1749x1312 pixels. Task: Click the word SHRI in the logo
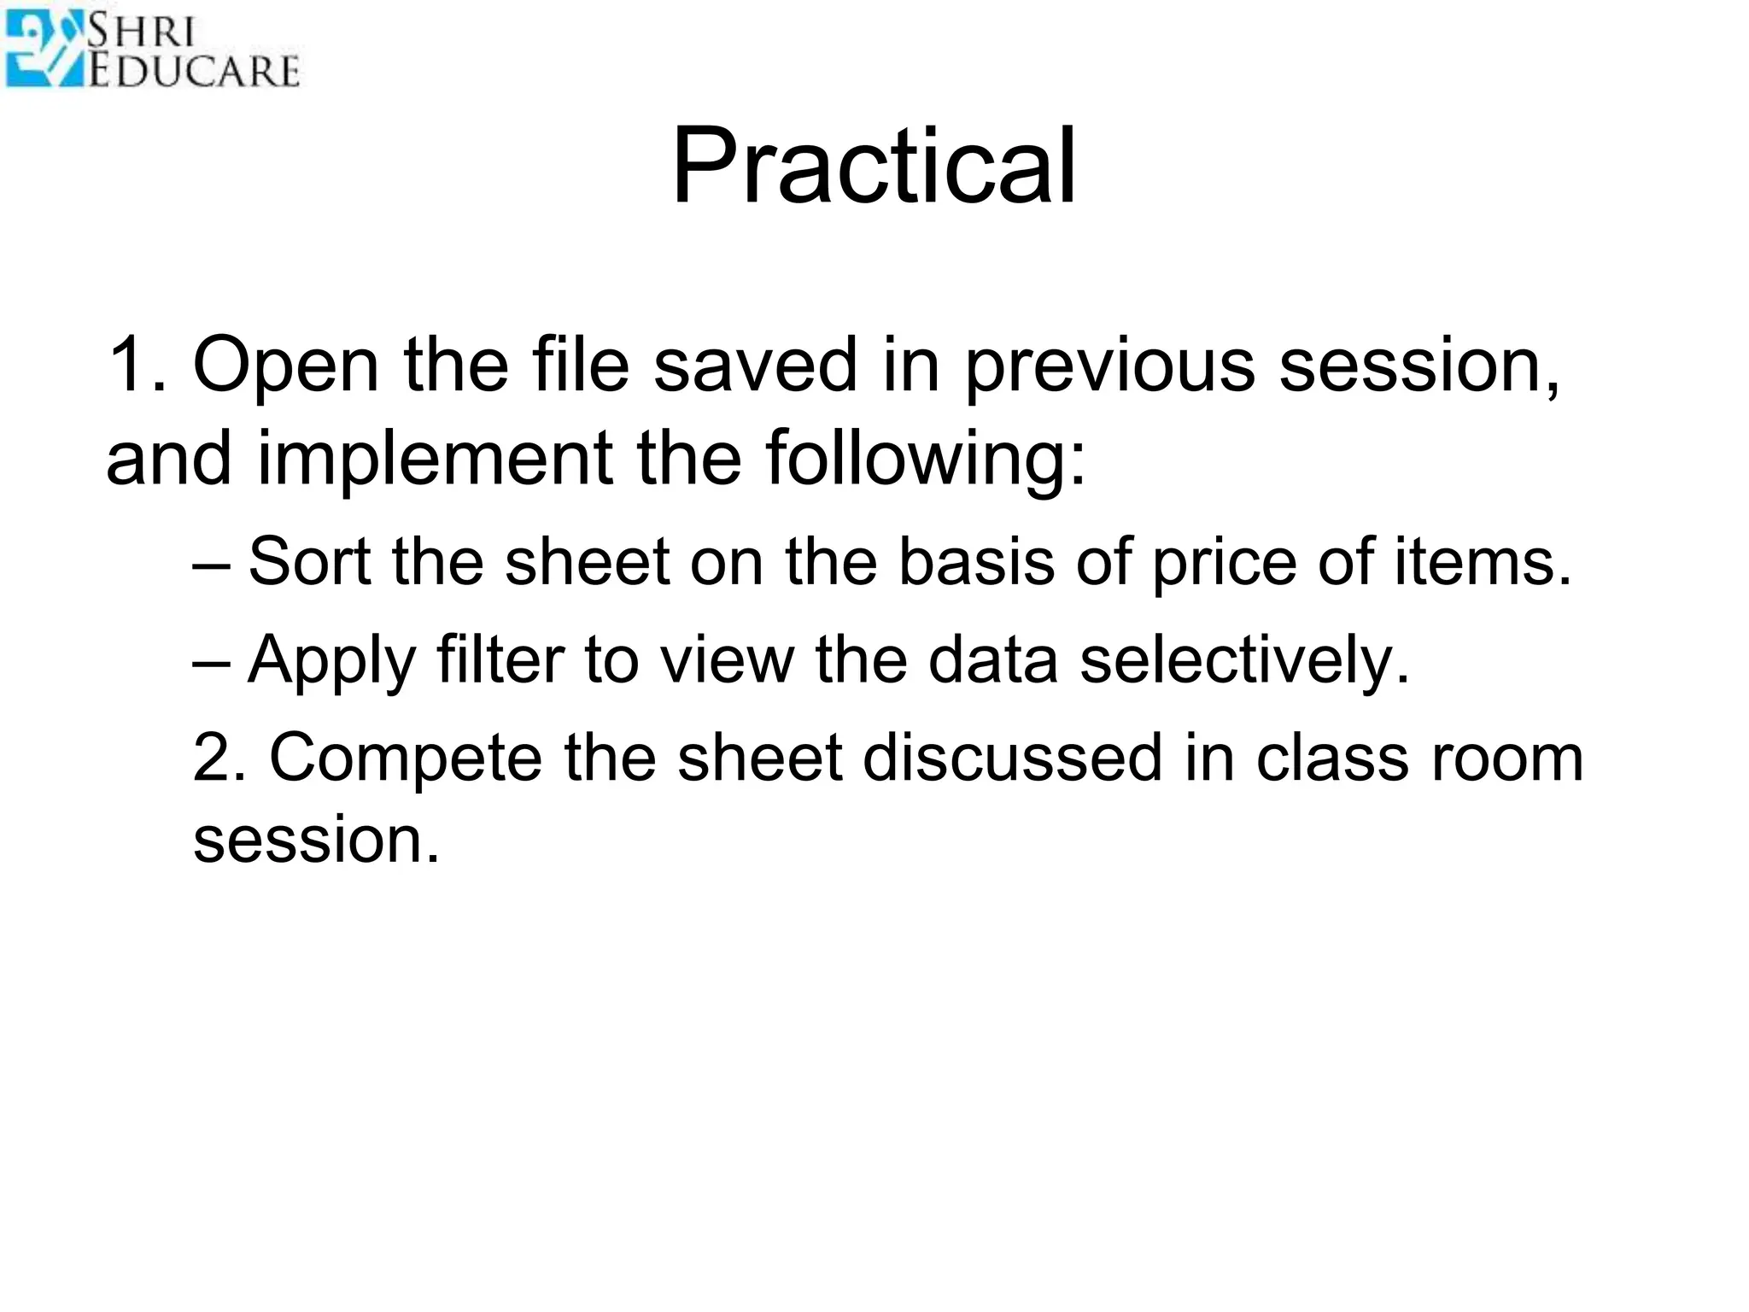(141, 32)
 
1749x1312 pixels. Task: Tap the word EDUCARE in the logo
(195, 71)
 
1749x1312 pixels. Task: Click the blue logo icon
(43, 50)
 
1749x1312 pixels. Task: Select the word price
(1224, 564)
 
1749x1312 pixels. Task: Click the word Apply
(331, 662)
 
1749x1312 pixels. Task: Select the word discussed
(1013, 758)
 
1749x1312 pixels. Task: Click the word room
(1507, 759)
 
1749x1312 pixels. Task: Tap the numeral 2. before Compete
(219, 758)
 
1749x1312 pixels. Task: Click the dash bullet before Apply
(211, 662)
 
